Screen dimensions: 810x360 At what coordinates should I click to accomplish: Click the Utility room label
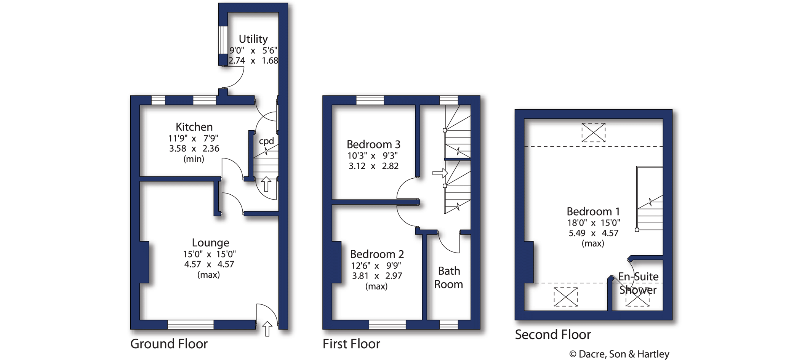click(253, 39)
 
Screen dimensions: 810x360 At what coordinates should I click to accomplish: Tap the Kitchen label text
click(194, 127)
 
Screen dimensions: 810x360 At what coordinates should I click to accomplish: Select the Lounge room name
click(210, 243)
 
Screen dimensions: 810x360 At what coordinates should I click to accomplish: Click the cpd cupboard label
click(266, 141)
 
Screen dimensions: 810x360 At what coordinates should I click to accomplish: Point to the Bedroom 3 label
click(373, 144)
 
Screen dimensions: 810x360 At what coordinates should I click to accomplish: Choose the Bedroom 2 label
click(377, 254)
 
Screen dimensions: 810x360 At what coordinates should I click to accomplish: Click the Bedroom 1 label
click(593, 211)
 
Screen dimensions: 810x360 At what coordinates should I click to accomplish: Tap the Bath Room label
click(449, 278)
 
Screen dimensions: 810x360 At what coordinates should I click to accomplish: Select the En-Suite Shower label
click(638, 283)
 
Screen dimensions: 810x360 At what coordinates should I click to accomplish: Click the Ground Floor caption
click(169, 344)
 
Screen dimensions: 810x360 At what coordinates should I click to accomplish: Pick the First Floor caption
click(351, 344)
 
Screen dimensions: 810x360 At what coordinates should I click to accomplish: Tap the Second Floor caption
click(553, 334)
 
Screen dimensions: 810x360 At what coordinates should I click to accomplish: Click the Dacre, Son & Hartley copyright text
click(619, 354)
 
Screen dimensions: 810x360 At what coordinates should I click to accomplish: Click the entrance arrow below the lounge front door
click(267, 329)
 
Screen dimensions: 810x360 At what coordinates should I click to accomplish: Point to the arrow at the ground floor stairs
click(266, 184)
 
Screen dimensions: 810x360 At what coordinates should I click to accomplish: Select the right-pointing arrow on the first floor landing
click(440, 173)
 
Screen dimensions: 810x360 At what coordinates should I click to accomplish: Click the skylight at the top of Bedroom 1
click(594, 133)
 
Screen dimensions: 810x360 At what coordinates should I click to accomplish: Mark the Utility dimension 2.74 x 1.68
click(253, 61)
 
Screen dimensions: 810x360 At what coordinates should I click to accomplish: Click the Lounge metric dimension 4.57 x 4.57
click(209, 264)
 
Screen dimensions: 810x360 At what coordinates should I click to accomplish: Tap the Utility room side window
click(223, 40)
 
